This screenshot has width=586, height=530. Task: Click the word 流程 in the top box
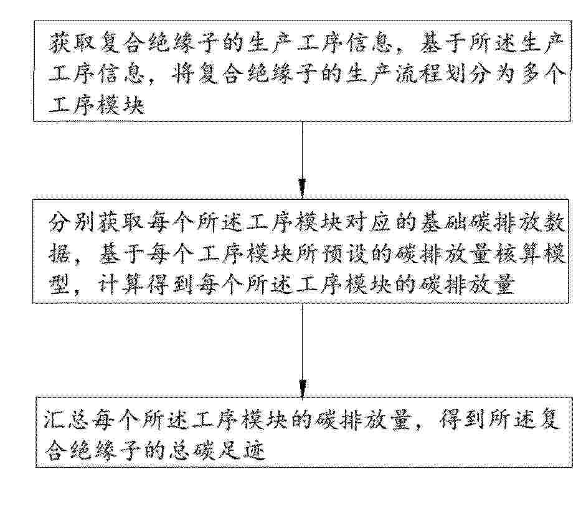(420, 75)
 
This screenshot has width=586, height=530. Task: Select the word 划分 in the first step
(469, 75)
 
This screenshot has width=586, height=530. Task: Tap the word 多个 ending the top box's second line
(542, 75)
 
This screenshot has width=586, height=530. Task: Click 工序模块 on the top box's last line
(97, 105)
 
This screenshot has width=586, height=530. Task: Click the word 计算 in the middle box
(121, 286)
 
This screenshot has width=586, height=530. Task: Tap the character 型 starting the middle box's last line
(59, 286)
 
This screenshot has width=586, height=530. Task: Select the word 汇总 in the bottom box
(67, 419)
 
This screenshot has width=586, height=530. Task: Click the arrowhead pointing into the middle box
(302, 187)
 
